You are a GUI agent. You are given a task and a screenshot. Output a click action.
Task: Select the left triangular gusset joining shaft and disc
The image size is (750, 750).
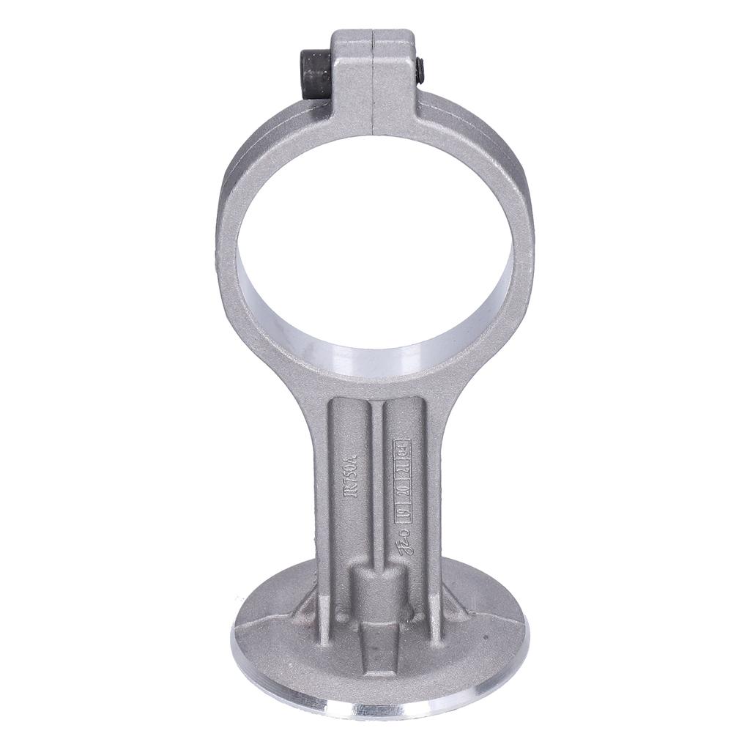308,608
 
